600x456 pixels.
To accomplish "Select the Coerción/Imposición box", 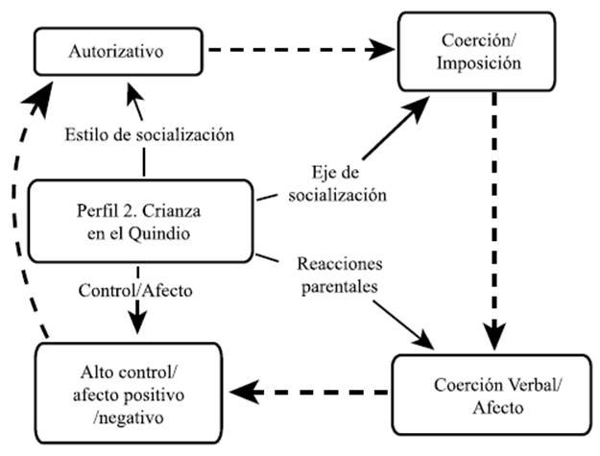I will (x=492, y=52).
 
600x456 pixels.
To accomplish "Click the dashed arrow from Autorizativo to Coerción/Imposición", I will (x=301, y=49).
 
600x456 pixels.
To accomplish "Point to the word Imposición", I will (x=491, y=63).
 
